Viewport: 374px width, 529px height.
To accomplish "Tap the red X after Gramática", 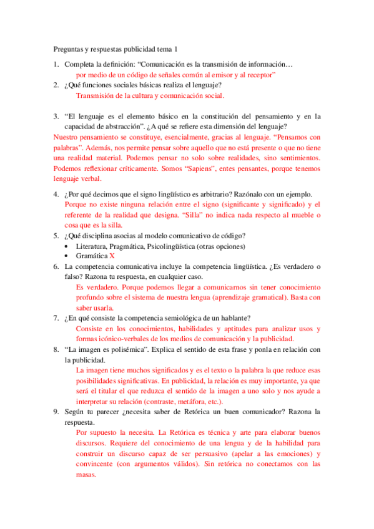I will [x=112, y=256].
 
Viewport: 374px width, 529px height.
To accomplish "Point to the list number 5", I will [x=56, y=235].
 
